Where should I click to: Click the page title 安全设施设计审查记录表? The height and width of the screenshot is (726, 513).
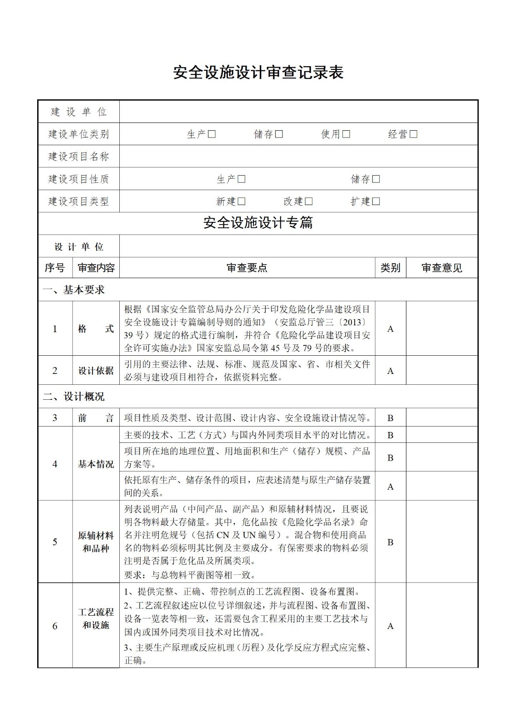[x=258, y=73]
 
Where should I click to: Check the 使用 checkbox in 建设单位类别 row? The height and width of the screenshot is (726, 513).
[x=346, y=134]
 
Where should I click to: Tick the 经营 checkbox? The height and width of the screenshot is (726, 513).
[x=413, y=134]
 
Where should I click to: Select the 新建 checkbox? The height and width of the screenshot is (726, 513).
[x=241, y=201]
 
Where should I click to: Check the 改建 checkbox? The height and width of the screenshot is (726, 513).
[x=309, y=201]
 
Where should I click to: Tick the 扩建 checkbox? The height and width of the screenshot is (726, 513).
[x=376, y=201]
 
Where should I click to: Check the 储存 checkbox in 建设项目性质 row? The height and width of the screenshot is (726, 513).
[x=376, y=179]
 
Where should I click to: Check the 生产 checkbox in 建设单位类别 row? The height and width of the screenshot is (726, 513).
[x=212, y=134]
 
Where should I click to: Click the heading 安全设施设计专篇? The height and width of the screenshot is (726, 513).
[x=258, y=223]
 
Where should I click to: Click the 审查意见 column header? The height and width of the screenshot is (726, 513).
[x=442, y=268]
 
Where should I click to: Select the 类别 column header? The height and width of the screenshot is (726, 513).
[x=390, y=268]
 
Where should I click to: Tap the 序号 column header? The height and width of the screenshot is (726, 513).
[x=54, y=268]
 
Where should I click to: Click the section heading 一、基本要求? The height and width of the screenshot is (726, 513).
[x=73, y=290]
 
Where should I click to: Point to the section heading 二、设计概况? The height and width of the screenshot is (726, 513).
[x=73, y=397]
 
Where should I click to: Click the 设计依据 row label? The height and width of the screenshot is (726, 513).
[x=96, y=371]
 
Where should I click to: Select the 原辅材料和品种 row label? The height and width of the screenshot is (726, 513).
[x=96, y=542]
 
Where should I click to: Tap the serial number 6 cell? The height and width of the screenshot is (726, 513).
[x=55, y=626]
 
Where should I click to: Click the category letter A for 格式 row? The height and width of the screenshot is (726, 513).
[x=390, y=329]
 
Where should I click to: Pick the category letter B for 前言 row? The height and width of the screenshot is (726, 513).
[x=390, y=418]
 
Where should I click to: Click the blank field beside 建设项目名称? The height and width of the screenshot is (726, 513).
[x=298, y=157]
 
